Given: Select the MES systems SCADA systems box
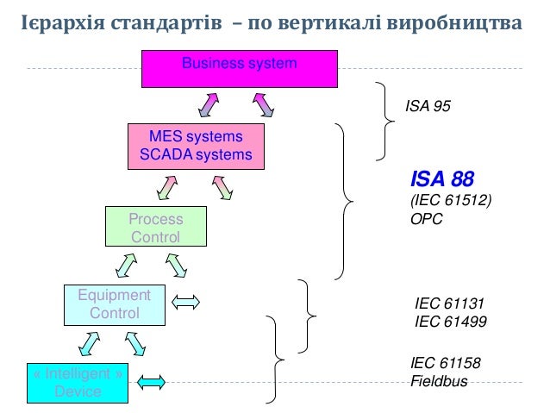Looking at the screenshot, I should (195, 147).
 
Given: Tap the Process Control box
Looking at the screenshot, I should (155, 228).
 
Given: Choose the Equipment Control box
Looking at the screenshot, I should (114, 305).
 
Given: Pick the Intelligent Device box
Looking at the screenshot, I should (77, 383).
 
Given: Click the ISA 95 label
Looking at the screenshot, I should (428, 106).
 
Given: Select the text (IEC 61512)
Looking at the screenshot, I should (450, 201).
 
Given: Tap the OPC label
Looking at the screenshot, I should (426, 219).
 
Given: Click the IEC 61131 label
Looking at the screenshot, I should (450, 303).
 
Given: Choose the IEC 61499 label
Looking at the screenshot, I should (450, 322).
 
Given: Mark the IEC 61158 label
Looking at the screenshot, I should (445, 364).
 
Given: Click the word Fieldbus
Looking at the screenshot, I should (439, 380).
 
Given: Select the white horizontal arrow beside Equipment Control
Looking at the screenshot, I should (186, 302).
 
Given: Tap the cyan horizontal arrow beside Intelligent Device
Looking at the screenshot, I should (152, 381).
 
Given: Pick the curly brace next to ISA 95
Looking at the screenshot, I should (384, 121).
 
